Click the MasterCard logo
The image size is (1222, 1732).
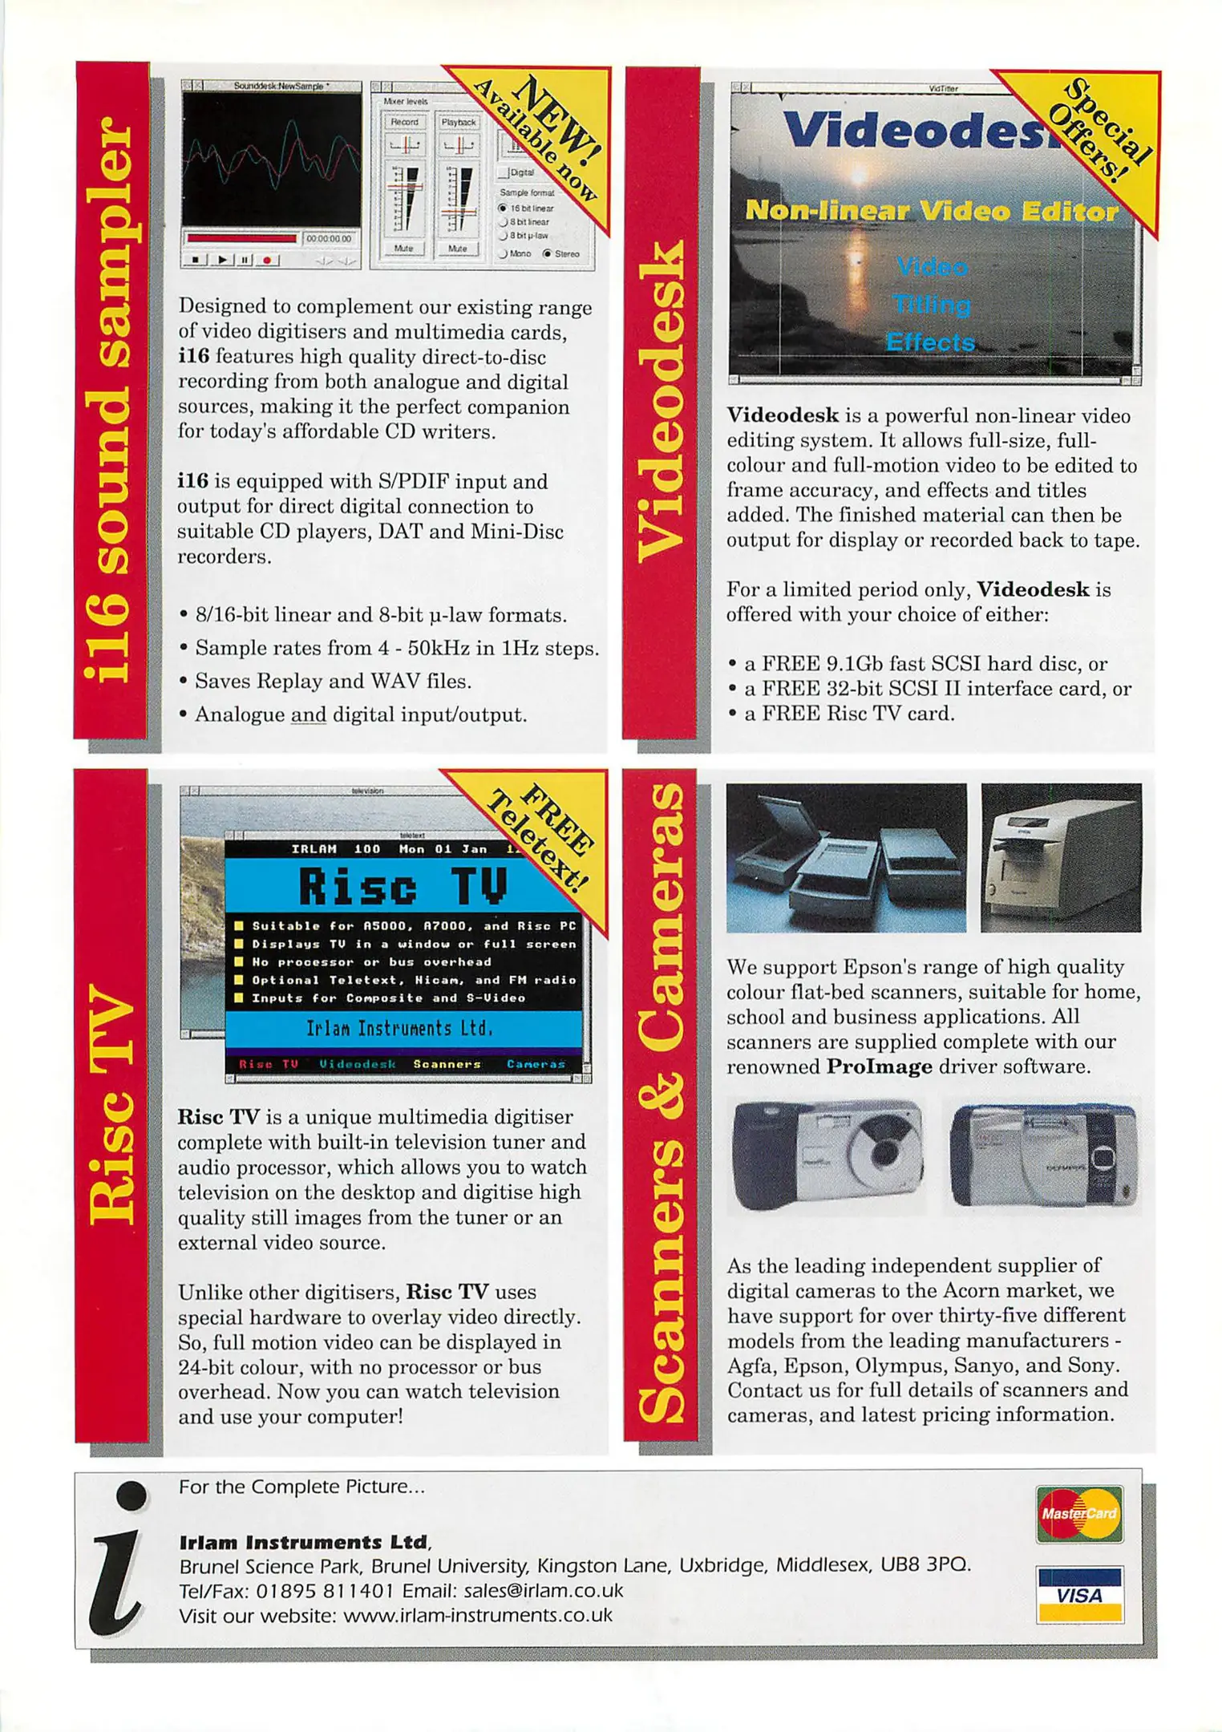pos(1078,1513)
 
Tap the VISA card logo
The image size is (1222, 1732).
pos(1079,1594)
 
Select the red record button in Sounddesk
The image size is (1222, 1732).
pos(267,260)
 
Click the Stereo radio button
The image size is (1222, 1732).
pos(548,253)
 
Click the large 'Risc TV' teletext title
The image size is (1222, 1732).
pos(403,887)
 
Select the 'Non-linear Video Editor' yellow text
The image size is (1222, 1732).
pos(931,211)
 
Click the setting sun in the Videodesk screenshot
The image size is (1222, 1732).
pos(857,173)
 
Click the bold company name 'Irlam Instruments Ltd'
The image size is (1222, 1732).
pos(303,1541)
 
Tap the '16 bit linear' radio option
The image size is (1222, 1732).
pos(504,208)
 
